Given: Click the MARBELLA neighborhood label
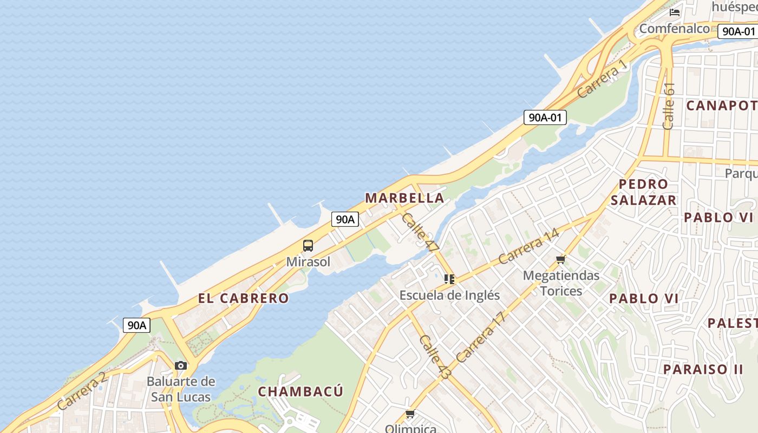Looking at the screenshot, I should [x=404, y=198].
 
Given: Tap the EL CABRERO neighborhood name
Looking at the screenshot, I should [x=243, y=298].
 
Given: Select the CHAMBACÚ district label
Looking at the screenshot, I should [x=300, y=391].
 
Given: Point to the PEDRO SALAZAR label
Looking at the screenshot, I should [x=643, y=192].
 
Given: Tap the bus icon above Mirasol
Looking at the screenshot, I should [x=308, y=246].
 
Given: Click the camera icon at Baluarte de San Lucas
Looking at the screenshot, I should [x=181, y=366].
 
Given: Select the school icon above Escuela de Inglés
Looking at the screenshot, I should [x=449, y=279].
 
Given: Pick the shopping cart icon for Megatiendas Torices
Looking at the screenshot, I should [x=561, y=260].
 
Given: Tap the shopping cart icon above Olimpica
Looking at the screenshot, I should [x=410, y=414].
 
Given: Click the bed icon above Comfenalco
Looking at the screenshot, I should [x=674, y=12].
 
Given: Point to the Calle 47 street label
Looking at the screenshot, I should [x=421, y=232].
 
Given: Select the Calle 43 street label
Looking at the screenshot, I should [x=435, y=357].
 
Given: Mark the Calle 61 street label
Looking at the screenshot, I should [x=669, y=106].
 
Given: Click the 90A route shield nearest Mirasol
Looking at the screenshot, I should [x=345, y=219].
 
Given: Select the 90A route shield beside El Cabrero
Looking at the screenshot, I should [x=136, y=325].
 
